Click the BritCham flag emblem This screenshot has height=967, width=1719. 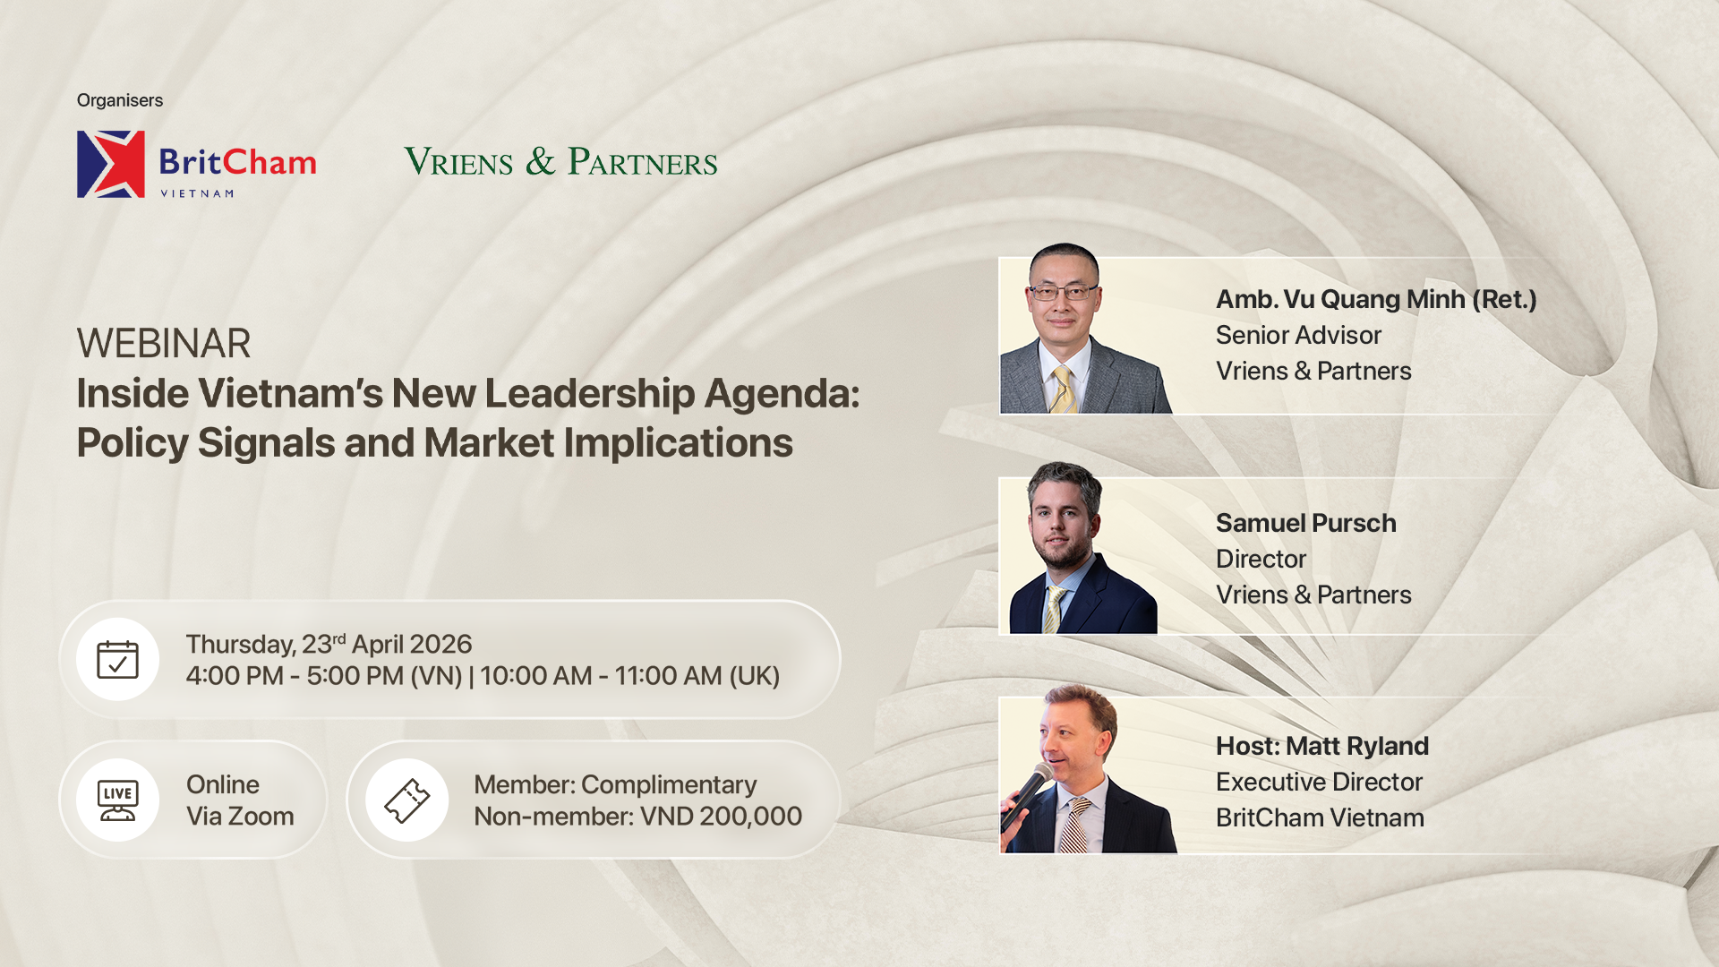[x=111, y=164]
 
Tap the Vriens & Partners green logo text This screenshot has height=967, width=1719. [x=560, y=162]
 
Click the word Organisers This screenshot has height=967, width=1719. [x=120, y=100]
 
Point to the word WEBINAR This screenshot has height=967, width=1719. [x=164, y=344]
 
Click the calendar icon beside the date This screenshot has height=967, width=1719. [x=117, y=660]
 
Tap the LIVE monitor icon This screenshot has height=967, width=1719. [x=117, y=800]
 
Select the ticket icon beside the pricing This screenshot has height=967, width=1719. [x=406, y=800]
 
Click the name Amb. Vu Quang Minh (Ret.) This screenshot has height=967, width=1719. [x=1376, y=299]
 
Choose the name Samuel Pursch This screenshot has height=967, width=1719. [x=1306, y=523]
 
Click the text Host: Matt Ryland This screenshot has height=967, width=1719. [x=1322, y=746]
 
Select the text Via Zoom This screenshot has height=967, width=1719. [x=240, y=817]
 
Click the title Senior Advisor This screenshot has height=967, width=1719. [x=1298, y=335]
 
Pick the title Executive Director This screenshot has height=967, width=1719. [x=1319, y=782]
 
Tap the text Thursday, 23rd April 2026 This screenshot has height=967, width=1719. [x=329, y=644]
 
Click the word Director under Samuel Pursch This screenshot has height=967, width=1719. [x=1261, y=559]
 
